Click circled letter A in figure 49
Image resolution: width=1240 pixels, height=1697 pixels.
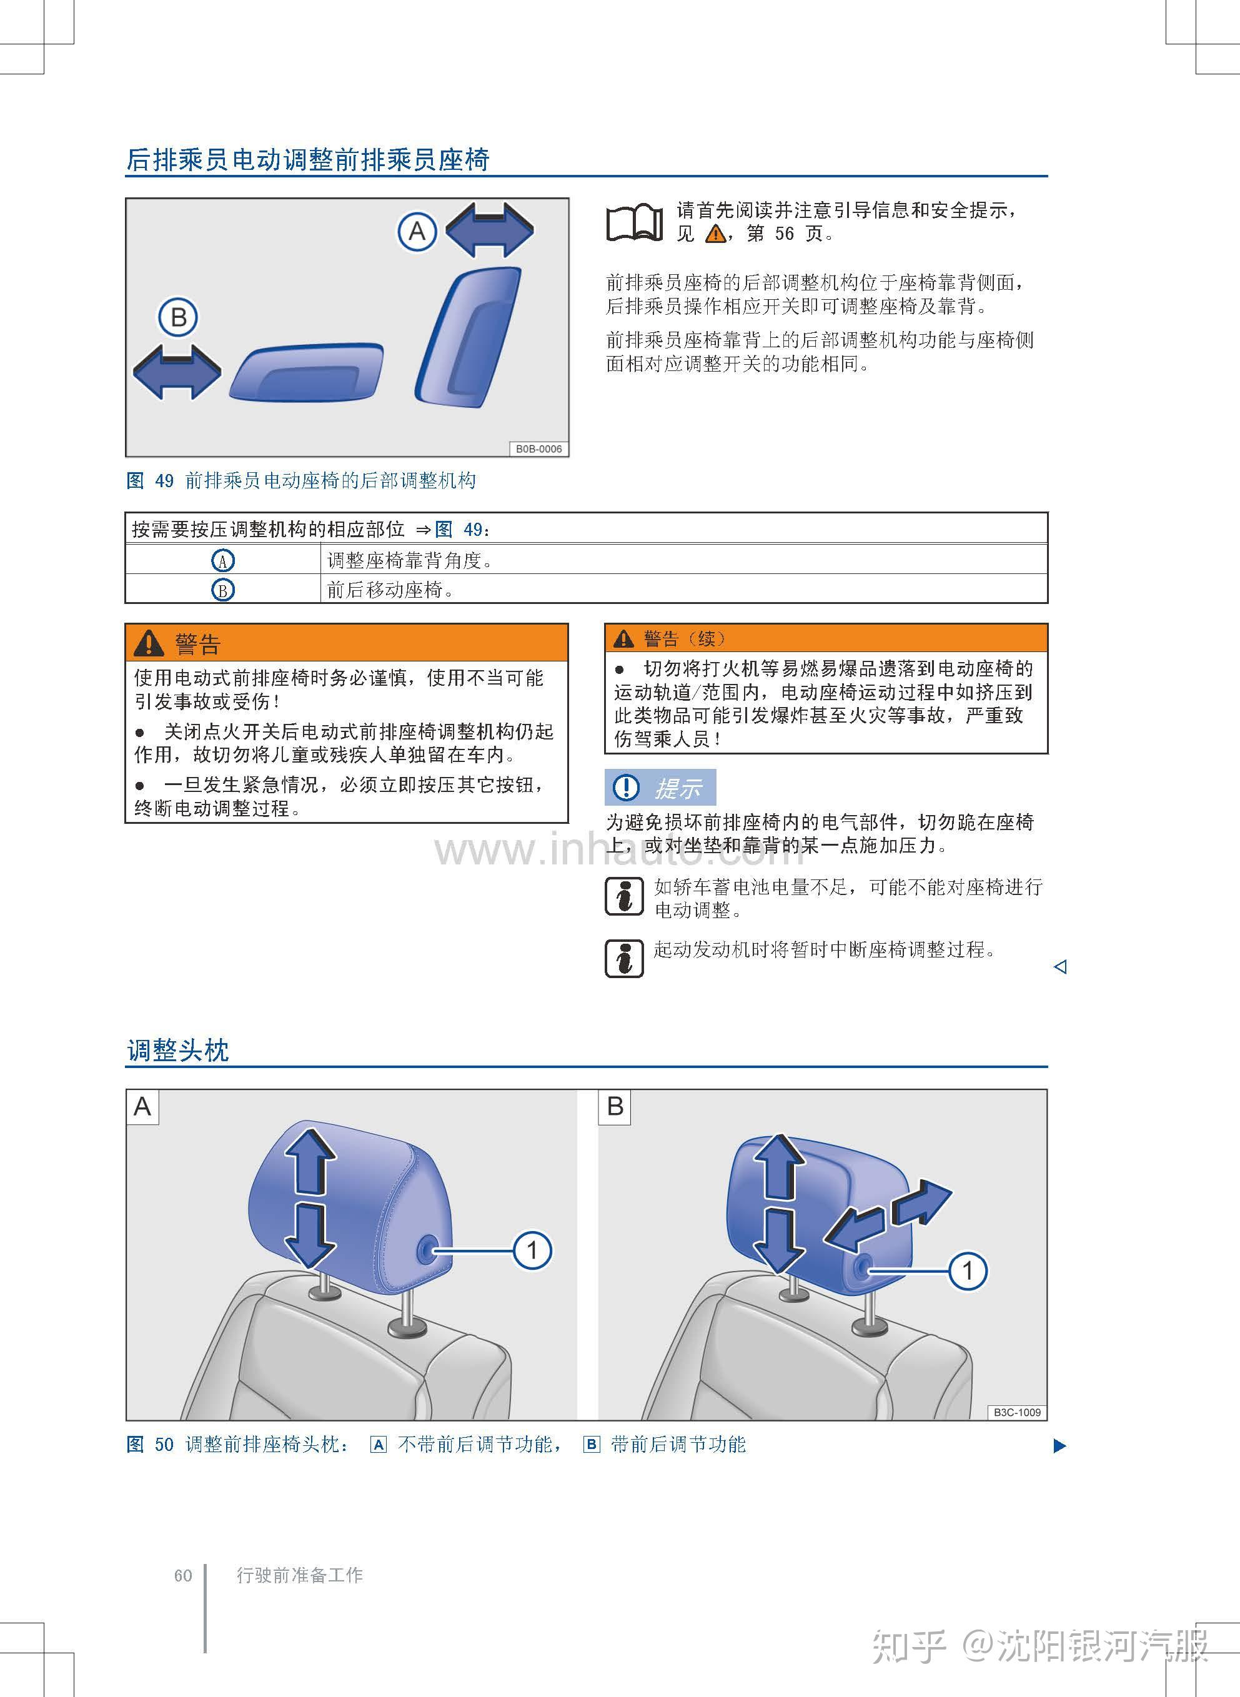(x=417, y=231)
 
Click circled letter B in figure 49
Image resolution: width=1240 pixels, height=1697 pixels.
(x=178, y=317)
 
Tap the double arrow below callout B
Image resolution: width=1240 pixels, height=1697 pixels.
(x=177, y=372)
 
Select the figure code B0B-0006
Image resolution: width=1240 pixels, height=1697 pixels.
(x=538, y=449)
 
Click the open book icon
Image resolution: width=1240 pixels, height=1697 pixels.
(x=634, y=222)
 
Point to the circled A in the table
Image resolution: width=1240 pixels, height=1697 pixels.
(x=223, y=560)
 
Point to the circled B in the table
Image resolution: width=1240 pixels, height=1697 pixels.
(x=223, y=590)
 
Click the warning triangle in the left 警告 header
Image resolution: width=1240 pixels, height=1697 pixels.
(x=149, y=643)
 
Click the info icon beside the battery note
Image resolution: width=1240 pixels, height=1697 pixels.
(x=625, y=897)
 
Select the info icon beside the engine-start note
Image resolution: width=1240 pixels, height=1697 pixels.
(x=625, y=959)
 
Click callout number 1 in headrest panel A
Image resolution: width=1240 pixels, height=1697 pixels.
(x=532, y=1250)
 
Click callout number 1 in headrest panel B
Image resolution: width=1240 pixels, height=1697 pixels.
(x=968, y=1270)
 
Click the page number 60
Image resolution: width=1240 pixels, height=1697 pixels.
(x=183, y=1575)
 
